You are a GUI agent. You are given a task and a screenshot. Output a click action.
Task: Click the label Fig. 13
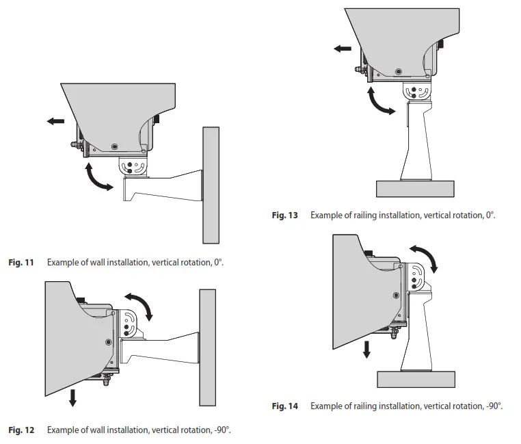point(284,216)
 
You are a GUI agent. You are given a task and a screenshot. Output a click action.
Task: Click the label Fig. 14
point(284,406)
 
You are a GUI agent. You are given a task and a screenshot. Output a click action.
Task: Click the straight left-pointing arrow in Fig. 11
point(55,121)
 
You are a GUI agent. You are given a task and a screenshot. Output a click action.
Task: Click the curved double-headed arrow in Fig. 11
point(98,177)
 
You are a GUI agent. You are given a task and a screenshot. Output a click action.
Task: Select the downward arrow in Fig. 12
point(72,397)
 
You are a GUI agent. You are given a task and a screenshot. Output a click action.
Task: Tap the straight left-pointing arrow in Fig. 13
point(343,49)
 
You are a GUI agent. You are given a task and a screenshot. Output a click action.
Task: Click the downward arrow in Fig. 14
point(366,349)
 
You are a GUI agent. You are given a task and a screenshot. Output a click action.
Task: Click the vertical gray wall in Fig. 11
point(211,185)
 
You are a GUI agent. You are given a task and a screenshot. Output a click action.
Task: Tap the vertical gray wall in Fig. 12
point(208,348)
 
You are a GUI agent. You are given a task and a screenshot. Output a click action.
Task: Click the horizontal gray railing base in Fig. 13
point(414,189)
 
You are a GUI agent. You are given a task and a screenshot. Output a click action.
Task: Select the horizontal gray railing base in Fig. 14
point(416,379)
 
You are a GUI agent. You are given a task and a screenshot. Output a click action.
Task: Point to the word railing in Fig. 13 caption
point(375,216)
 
